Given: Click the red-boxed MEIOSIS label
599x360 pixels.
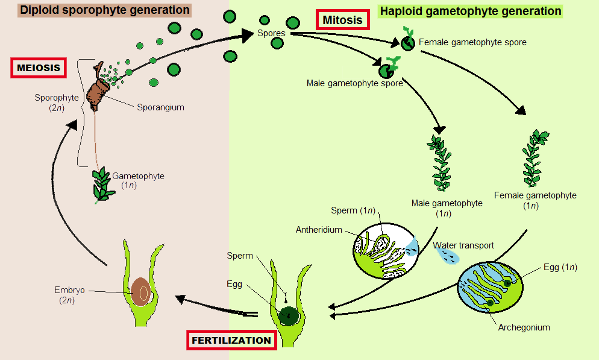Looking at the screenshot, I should [39, 68].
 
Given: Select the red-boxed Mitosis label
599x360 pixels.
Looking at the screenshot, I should [342, 21].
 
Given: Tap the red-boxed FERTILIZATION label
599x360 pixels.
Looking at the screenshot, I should [231, 340].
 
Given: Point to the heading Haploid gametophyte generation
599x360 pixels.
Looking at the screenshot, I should [470, 11].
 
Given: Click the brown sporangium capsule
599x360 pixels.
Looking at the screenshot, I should [98, 92].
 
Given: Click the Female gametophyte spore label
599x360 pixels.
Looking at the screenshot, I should [472, 42].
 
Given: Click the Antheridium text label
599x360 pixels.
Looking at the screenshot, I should [319, 230].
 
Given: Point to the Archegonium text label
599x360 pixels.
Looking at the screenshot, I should [524, 327].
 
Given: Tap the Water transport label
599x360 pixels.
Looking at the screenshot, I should [463, 245].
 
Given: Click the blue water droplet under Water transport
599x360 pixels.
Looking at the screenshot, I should [447, 257].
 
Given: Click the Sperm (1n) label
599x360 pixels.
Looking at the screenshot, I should [353, 210].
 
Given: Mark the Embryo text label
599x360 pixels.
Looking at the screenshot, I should [68, 290].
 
